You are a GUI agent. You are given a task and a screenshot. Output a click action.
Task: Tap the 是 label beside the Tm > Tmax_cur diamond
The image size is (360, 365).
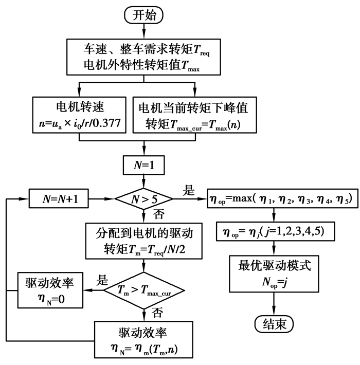pyautogui.click(x=102, y=281)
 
